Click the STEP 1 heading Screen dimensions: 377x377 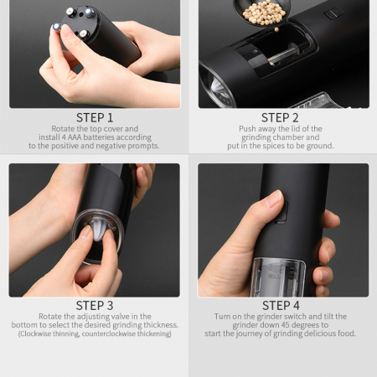click(x=95, y=117)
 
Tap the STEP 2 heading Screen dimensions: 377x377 click(x=280, y=117)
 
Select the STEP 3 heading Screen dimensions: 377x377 click(x=95, y=306)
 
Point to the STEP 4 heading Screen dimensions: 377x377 click(x=281, y=306)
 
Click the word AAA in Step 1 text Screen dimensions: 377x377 click(x=75, y=137)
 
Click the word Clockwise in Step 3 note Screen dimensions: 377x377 click(x=35, y=333)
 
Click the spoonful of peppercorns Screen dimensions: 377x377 click(x=263, y=13)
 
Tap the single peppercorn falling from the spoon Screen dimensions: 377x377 click(x=276, y=29)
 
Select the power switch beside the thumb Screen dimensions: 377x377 click(x=282, y=212)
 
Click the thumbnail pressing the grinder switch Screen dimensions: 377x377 click(x=274, y=199)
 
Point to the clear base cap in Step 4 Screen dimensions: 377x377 click(x=278, y=277)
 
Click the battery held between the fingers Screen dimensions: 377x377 click(x=57, y=27)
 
